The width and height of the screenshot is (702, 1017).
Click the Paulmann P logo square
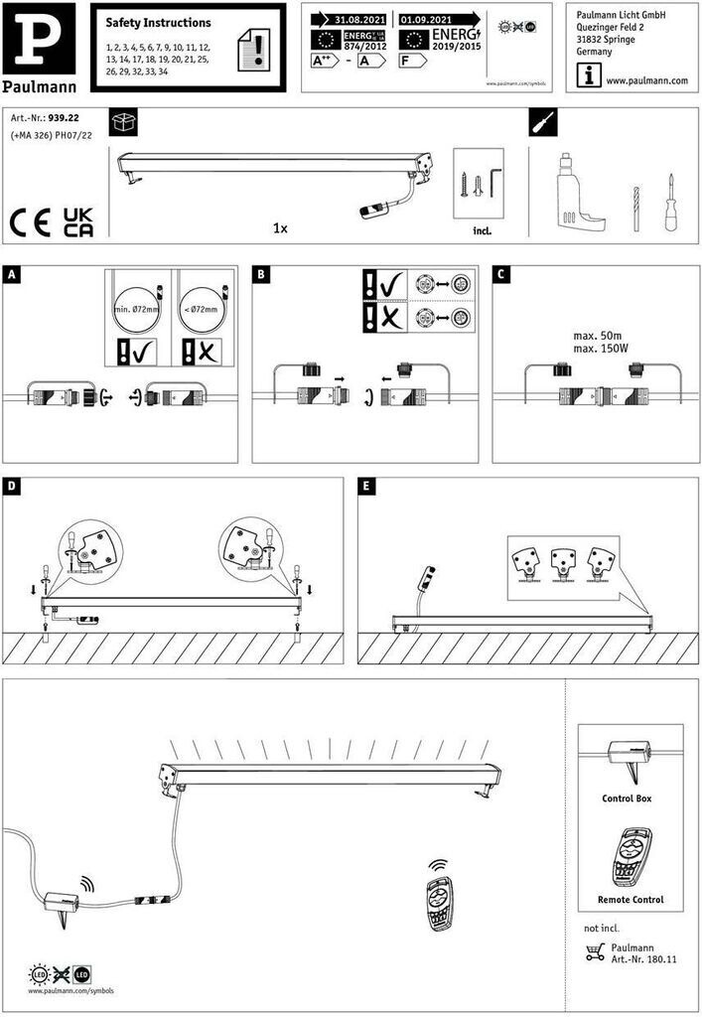pos(39,36)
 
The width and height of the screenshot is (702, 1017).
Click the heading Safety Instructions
pos(159,22)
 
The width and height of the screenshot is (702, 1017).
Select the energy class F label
pos(406,61)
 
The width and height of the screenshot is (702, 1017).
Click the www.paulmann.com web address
pos(646,80)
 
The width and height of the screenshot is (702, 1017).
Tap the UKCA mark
pos(78,221)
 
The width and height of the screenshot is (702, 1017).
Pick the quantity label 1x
pos(280,228)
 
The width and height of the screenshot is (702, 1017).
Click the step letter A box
pos(12,274)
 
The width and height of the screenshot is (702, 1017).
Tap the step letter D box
pos(12,486)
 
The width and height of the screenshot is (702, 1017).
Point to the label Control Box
pos(627,799)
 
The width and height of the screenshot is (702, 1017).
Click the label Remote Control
pos(630,900)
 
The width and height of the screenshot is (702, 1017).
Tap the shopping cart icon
pos(595,953)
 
